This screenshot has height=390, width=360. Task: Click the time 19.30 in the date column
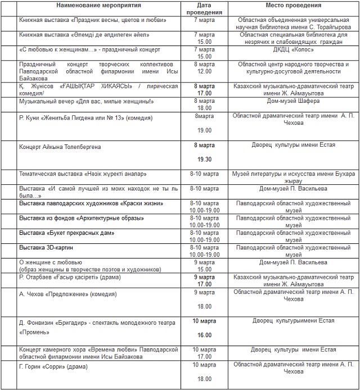point(204,160)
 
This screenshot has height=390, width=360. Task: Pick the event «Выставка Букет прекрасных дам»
point(67,233)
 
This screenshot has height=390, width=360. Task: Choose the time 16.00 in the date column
point(204,335)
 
